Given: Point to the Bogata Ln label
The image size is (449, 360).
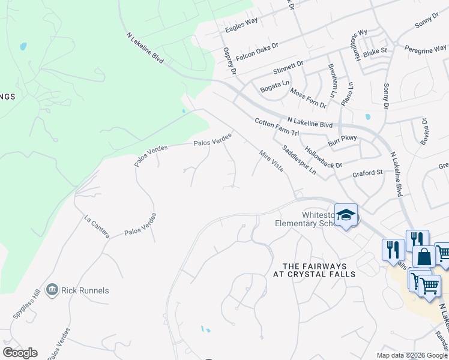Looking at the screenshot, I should click(275, 88).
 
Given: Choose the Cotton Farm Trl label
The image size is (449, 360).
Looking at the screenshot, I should click(276, 127).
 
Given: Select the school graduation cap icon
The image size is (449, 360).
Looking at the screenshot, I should click(346, 215).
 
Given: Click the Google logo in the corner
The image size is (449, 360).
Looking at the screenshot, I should click(20, 353).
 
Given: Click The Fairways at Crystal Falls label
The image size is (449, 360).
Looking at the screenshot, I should click(319, 269).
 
